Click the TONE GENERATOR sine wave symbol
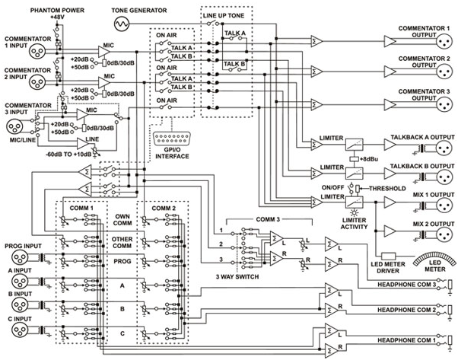pyautogui.click(x=139, y=24)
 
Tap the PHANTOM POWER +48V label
pyautogui.click(x=57, y=11)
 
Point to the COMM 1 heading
pyautogui.click(x=81, y=207)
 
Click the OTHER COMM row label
pyautogui.click(x=121, y=243)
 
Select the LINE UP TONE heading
pyautogui.click(x=224, y=15)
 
